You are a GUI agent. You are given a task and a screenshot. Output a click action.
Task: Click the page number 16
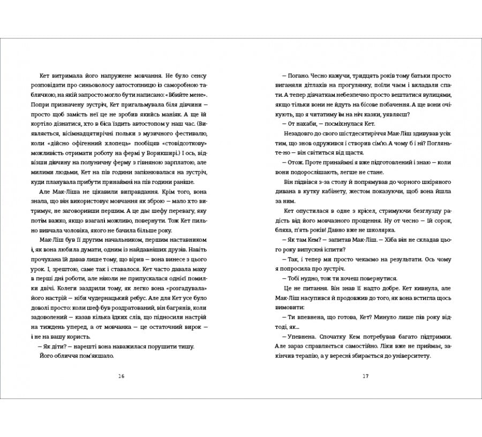pos(121,376)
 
